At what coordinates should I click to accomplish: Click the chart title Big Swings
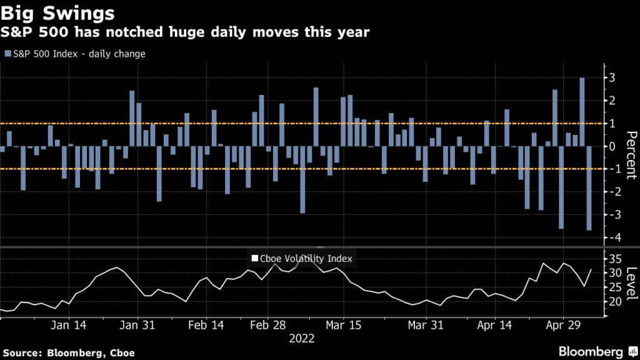[x=57, y=13]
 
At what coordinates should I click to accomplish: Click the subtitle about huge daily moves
[x=185, y=32]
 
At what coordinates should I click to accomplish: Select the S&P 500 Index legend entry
[x=75, y=54]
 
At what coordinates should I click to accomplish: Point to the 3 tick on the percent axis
[x=612, y=77]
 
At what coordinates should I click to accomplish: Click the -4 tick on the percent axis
[x=611, y=237]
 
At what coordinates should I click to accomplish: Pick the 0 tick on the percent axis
[x=612, y=146]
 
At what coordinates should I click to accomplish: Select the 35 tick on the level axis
[x=616, y=259]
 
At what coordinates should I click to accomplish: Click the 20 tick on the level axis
[x=616, y=302]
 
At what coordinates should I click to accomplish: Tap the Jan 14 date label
[x=69, y=325]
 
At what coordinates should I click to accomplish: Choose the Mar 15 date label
[x=343, y=325]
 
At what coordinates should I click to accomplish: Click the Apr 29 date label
[x=563, y=325]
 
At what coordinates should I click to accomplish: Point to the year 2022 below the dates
[x=302, y=338]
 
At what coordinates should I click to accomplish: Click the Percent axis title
[x=631, y=155]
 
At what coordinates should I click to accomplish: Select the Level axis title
[x=631, y=283]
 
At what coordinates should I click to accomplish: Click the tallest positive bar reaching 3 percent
[x=582, y=112]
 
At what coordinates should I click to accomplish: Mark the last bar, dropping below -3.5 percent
[x=589, y=188]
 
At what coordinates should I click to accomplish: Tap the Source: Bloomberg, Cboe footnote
[x=69, y=353]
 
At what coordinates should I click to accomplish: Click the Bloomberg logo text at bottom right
[x=591, y=352]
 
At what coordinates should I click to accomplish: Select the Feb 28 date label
[x=267, y=325]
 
